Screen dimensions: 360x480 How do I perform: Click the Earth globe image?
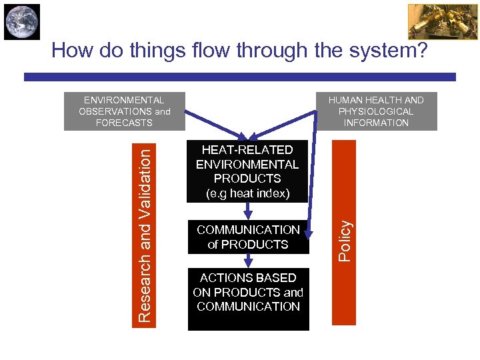click(21, 21)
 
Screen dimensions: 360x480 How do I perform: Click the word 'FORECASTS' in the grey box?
click(124, 123)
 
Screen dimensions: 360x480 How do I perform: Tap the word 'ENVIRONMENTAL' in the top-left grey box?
click(124, 100)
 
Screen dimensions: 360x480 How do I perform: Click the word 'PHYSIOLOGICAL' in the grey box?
click(376, 111)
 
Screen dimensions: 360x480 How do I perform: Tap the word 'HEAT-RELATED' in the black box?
click(248, 150)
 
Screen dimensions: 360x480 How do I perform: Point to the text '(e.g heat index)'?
click(248, 193)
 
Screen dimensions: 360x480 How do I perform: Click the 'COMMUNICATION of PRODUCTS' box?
click(248, 237)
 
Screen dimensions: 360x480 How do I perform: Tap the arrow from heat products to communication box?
click(248, 211)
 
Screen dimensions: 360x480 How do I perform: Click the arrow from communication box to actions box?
click(248, 261)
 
